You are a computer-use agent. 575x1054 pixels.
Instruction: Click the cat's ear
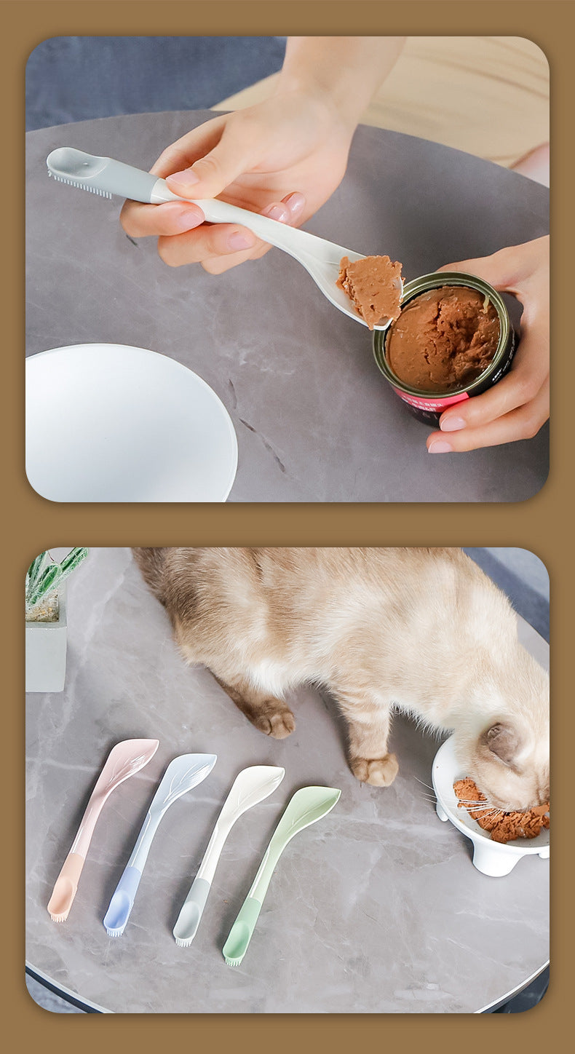[x=502, y=742]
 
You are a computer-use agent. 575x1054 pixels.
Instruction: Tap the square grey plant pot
[x=46, y=655]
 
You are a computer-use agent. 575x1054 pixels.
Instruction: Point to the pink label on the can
[x=433, y=400]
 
